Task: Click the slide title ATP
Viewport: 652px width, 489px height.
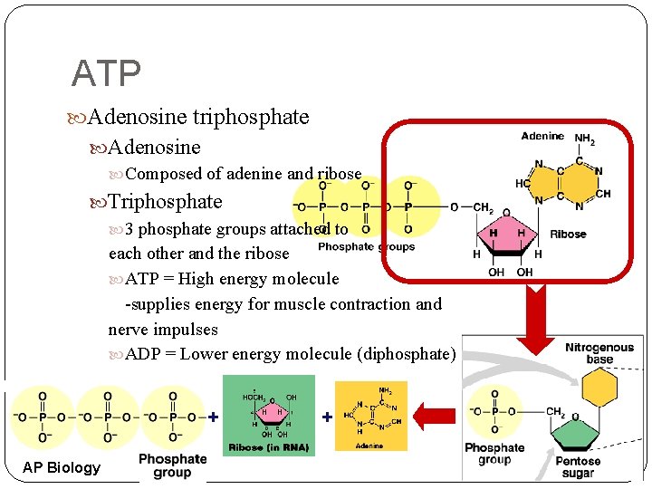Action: (x=105, y=74)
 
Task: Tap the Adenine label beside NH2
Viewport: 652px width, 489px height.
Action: (x=542, y=137)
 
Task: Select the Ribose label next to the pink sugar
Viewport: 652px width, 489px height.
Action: (x=568, y=234)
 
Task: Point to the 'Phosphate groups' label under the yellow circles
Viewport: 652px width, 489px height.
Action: (x=366, y=246)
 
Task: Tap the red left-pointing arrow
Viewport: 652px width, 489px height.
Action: (x=436, y=416)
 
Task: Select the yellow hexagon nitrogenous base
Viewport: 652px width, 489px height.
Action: (x=598, y=388)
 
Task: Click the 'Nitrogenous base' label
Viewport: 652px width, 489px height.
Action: (x=599, y=353)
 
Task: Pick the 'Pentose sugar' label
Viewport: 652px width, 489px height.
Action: (x=577, y=467)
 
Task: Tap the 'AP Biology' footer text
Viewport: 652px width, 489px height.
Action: (x=62, y=467)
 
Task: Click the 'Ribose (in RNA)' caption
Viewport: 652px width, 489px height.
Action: (x=268, y=448)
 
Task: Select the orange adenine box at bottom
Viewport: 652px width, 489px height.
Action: (x=370, y=415)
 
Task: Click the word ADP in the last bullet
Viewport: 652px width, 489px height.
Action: (x=143, y=354)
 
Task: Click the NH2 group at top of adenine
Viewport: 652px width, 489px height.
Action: (x=585, y=139)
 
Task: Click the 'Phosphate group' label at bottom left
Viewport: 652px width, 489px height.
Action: (x=172, y=465)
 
